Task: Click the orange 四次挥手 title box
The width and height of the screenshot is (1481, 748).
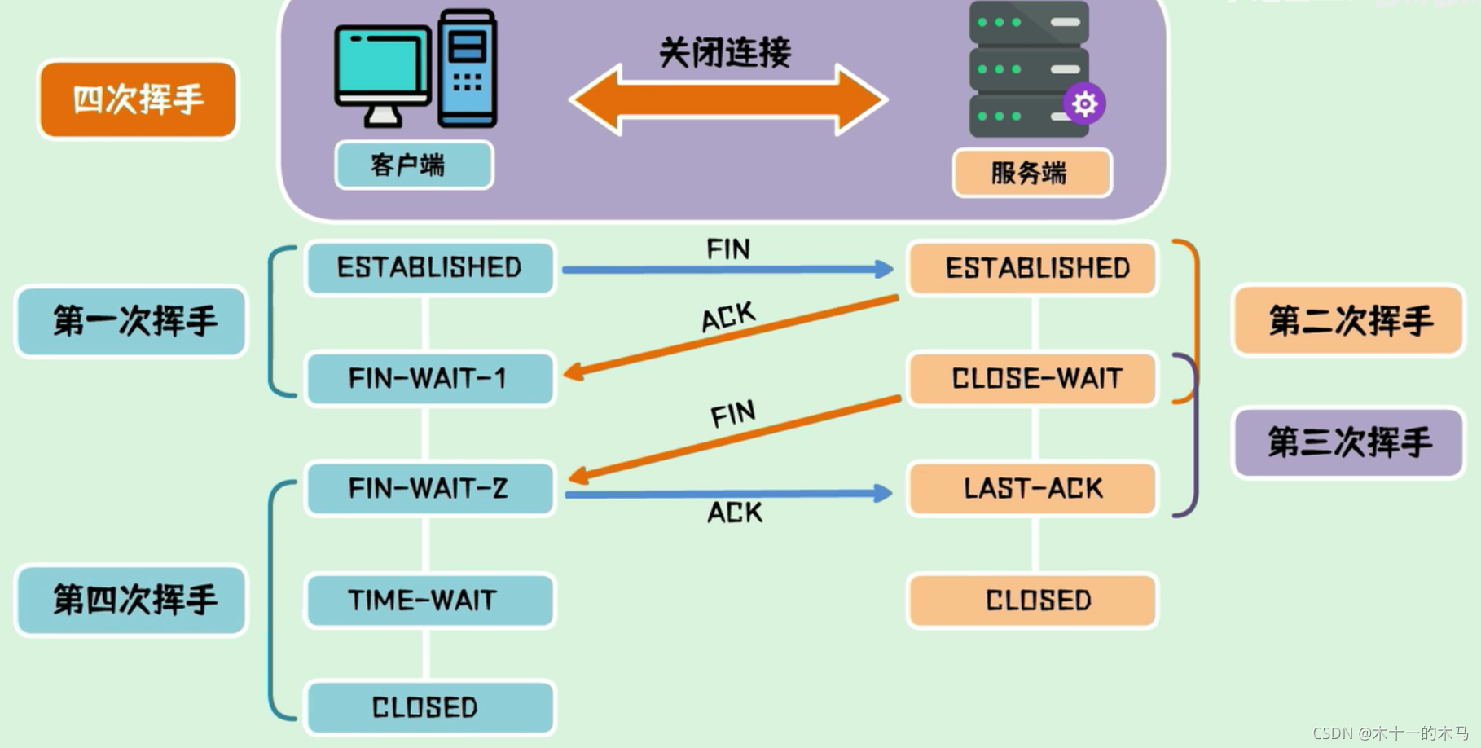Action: (138, 99)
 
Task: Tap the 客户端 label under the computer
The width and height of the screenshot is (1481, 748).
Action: (413, 165)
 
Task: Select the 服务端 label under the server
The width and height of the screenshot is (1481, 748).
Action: (1031, 173)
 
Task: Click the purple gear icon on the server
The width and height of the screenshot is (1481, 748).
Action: (1084, 103)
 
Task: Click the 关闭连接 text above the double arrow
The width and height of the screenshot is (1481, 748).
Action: (724, 52)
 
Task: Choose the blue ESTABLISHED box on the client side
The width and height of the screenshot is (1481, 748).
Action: (429, 267)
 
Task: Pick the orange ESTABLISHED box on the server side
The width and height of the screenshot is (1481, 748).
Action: (1033, 268)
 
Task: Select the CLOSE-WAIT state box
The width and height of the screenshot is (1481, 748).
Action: (1033, 378)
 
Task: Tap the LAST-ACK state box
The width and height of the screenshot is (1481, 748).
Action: (1033, 488)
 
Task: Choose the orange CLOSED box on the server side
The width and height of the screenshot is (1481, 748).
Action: (1033, 601)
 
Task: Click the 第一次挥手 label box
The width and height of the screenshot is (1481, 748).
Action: (132, 321)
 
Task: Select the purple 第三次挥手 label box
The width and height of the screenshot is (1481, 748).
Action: (1348, 442)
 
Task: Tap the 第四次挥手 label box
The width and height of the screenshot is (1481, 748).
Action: (132, 601)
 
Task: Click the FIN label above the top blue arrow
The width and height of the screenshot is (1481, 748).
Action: (727, 249)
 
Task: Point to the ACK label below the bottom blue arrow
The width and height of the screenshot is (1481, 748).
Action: (734, 513)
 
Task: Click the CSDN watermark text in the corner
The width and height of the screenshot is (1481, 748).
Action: (1390, 733)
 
